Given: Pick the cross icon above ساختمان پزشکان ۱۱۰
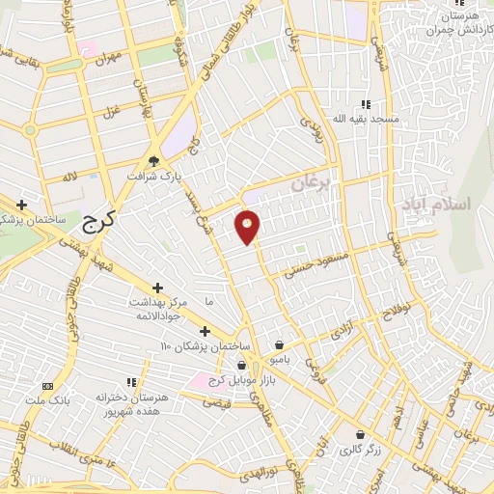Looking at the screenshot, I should pos(205,331).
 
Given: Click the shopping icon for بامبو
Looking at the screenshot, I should pos(280,344).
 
